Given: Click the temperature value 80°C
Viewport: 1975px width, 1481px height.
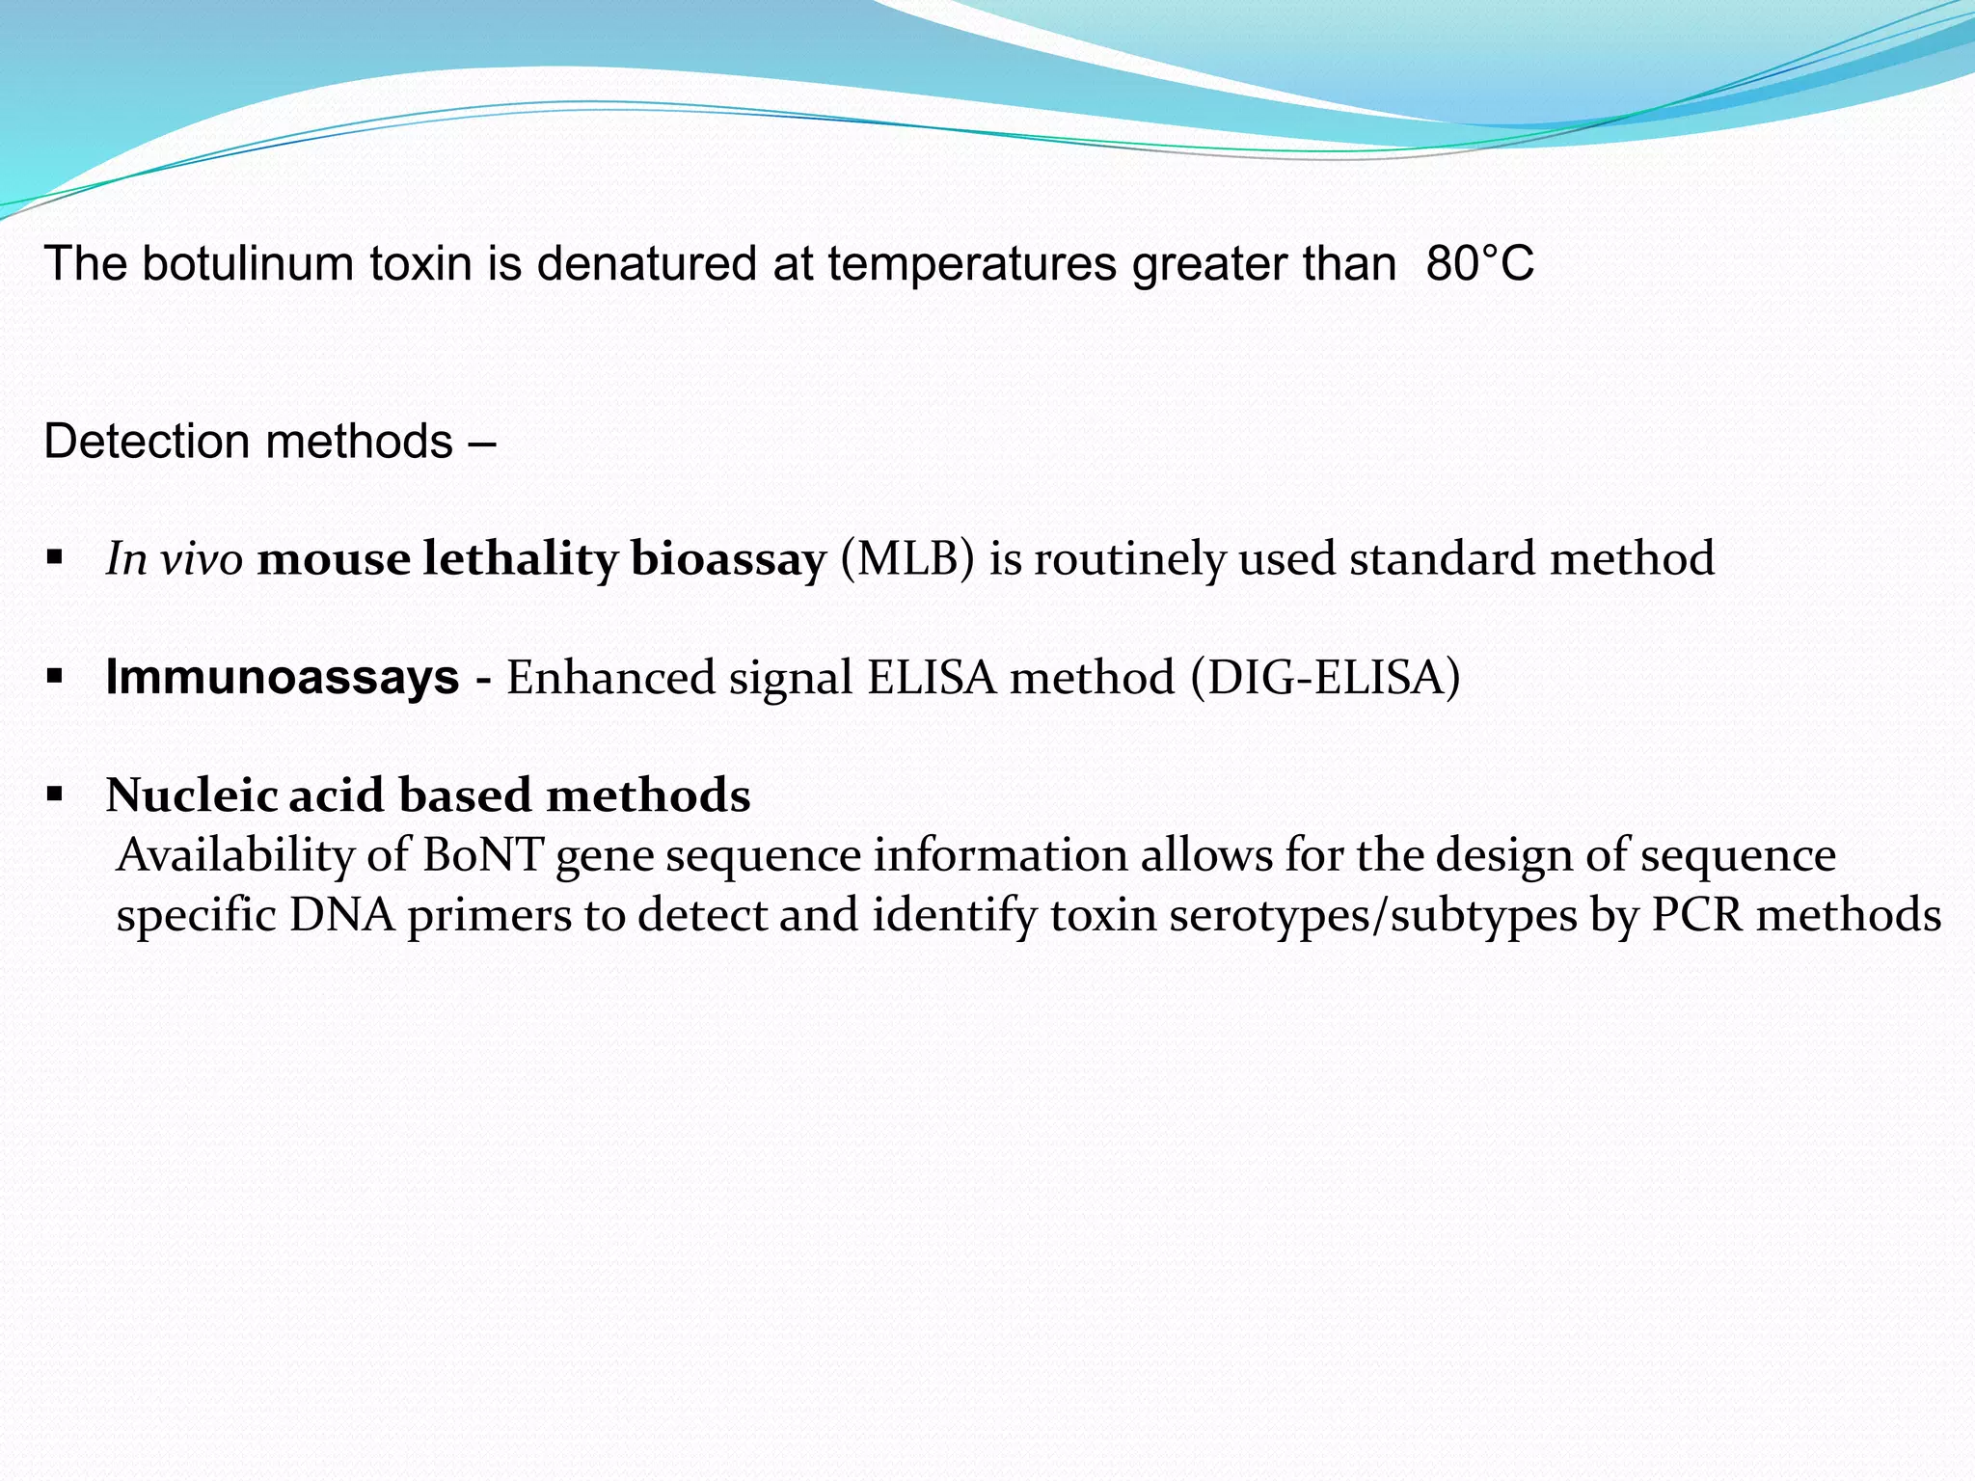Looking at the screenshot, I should coord(1479,264).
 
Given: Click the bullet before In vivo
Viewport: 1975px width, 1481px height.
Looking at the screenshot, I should coord(55,557).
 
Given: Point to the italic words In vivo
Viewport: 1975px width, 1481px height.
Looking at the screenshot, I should coord(174,559).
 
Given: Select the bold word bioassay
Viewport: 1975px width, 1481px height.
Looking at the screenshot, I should coord(728,559).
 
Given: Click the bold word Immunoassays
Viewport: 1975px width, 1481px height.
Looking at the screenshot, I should coord(282,677).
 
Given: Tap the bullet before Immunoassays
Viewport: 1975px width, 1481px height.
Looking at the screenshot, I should coord(55,676).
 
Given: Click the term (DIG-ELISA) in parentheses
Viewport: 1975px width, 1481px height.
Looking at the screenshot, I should coord(1325,677).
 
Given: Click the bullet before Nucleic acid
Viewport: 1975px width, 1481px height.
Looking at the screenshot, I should coord(55,794).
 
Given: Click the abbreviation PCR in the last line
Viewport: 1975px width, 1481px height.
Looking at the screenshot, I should coord(1696,915).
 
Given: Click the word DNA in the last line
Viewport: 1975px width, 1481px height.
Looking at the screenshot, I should coord(341,915).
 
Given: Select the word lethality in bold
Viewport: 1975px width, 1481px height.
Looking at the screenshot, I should coord(520,559).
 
